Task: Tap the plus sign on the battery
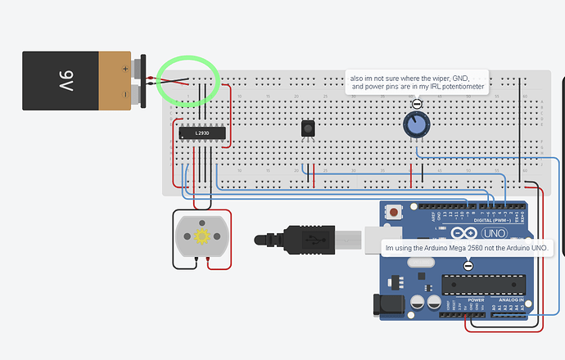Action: (x=124, y=68)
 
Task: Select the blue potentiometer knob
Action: (x=416, y=125)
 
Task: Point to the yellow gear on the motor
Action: (x=201, y=236)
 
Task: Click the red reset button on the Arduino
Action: (x=395, y=213)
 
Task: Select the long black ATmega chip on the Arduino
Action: (x=481, y=284)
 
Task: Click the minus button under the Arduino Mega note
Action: (x=468, y=264)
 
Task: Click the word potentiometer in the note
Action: (x=461, y=87)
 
